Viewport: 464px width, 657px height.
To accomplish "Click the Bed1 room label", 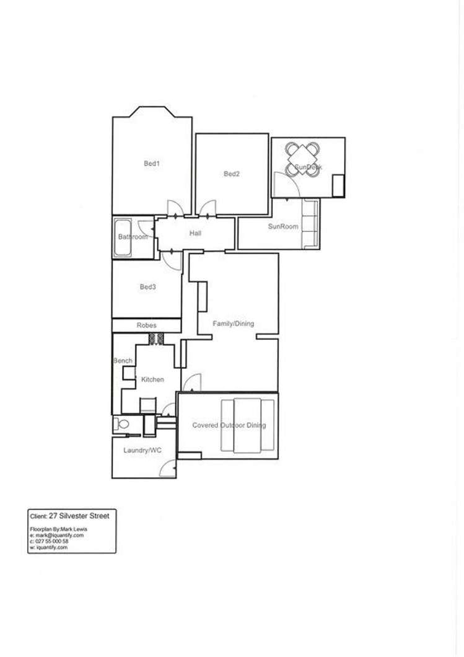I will click(152, 164).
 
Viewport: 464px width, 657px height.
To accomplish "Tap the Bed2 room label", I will click(232, 174).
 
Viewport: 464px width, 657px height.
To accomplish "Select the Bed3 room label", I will click(147, 287).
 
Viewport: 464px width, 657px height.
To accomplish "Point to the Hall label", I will click(196, 234).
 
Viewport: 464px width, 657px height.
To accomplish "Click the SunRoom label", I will click(282, 227).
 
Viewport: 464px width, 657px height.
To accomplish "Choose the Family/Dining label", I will click(233, 324).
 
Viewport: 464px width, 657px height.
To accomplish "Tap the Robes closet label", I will click(147, 325).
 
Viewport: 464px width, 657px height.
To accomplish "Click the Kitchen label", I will click(152, 379).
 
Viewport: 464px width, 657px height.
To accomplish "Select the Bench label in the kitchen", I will click(122, 361).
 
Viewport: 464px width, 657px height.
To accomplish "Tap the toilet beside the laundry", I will click(120, 425).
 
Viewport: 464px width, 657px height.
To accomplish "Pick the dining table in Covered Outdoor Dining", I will click(248, 425).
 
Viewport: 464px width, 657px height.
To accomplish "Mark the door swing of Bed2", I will click(207, 208).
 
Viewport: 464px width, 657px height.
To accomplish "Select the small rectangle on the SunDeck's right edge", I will click(338, 185).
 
